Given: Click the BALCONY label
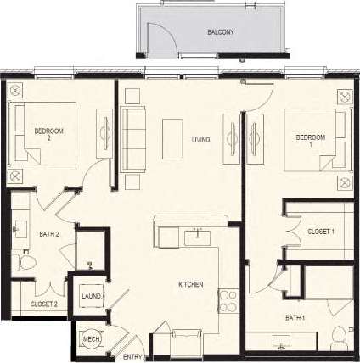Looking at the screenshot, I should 221,32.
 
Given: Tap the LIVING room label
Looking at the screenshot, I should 200,140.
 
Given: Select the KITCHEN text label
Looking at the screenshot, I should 190,284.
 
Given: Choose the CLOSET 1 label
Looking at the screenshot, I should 321,231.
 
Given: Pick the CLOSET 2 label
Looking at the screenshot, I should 43,304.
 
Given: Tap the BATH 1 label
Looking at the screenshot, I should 297,317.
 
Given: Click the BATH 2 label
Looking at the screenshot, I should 48,234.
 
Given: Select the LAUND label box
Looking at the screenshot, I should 91,295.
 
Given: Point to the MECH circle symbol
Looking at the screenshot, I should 91,339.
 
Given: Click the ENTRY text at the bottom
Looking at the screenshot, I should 132,357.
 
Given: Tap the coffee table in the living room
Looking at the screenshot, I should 173,138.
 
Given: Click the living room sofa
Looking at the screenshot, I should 132,138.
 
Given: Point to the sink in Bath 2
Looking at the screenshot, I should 20,228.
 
